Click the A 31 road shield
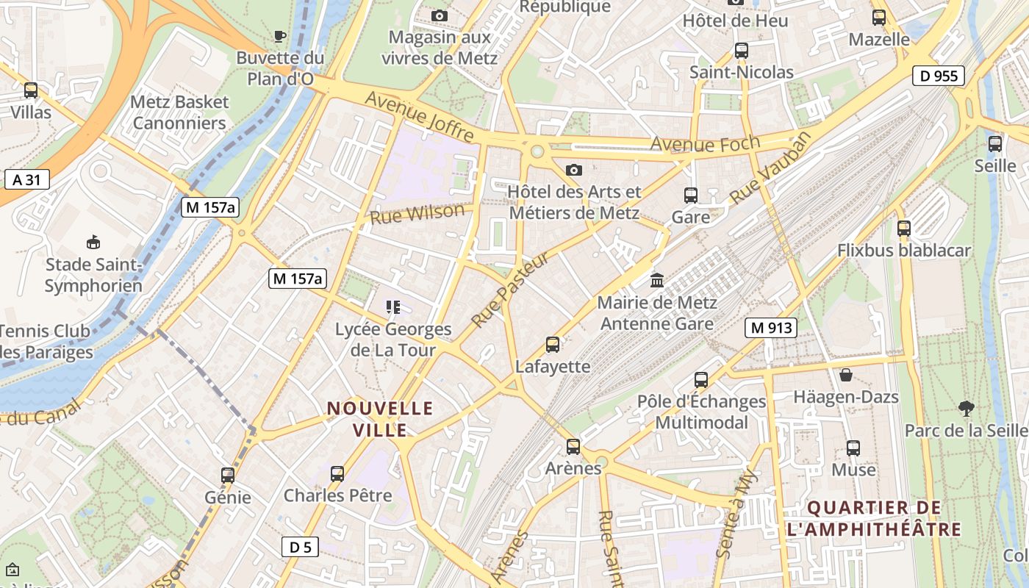(x=26, y=179)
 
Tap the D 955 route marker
(x=939, y=76)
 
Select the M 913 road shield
(x=771, y=328)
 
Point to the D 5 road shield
(x=300, y=547)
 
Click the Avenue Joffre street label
(x=419, y=117)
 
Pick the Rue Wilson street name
(x=417, y=214)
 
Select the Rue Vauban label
(x=772, y=168)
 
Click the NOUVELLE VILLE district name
(x=380, y=419)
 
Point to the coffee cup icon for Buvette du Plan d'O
(x=279, y=36)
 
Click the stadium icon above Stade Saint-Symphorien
(x=93, y=242)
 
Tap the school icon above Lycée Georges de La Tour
(x=392, y=307)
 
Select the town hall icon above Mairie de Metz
(x=656, y=280)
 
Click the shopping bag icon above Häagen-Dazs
(x=846, y=375)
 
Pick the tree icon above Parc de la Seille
(x=966, y=408)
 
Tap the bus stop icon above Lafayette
(x=553, y=344)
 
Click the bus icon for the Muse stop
(x=853, y=448)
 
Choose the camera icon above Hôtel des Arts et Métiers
(x=574, y=170)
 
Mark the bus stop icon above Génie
(x=228, y=476)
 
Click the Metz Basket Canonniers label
(x=179, y=112)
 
